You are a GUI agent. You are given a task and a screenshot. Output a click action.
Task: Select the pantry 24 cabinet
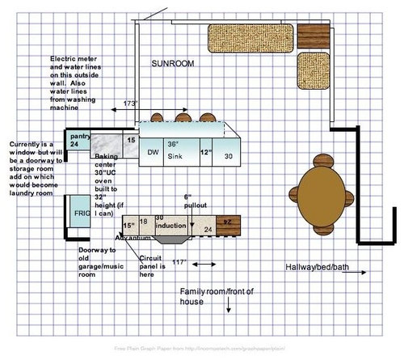point(78,140)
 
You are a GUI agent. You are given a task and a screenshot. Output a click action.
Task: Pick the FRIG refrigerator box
point(78,216)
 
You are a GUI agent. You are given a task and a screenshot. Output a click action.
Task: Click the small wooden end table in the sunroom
point(314,35)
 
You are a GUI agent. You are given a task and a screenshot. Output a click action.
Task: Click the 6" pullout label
point(194,201)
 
